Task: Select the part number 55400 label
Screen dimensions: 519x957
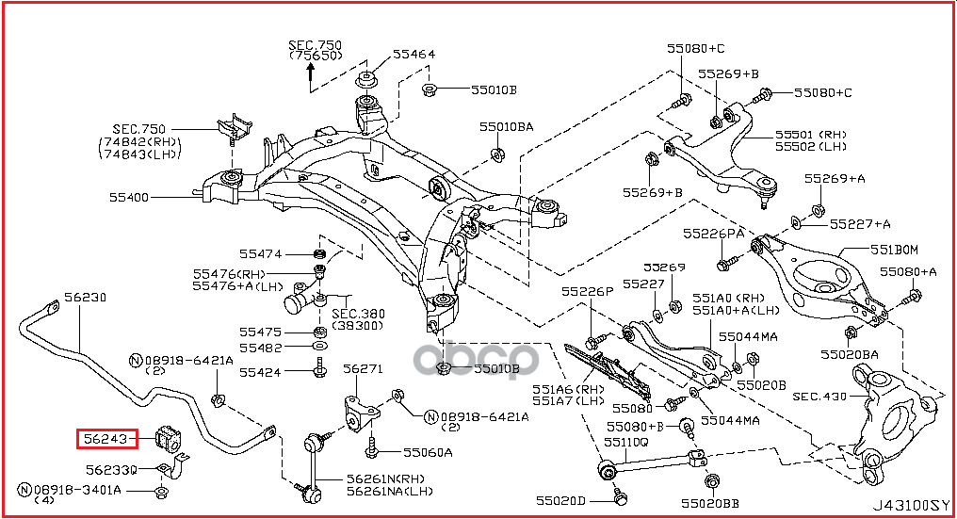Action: point(129,198)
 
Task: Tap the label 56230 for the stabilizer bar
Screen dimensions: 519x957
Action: point(85,297)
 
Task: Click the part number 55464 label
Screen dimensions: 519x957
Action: point(414,55)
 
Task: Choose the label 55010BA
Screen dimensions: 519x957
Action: point(505,125)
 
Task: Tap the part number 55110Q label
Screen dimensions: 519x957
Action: point(626,441)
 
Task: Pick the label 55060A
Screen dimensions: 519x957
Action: point(428,452)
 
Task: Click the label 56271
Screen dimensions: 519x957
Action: point(362,369)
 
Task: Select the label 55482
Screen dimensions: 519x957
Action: point(260,348)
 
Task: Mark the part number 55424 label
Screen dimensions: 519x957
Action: point(260,372)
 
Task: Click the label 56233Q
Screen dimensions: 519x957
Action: point(111,469)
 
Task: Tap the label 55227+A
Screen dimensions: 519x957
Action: point(860,223)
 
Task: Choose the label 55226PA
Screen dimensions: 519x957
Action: point(713,233)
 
